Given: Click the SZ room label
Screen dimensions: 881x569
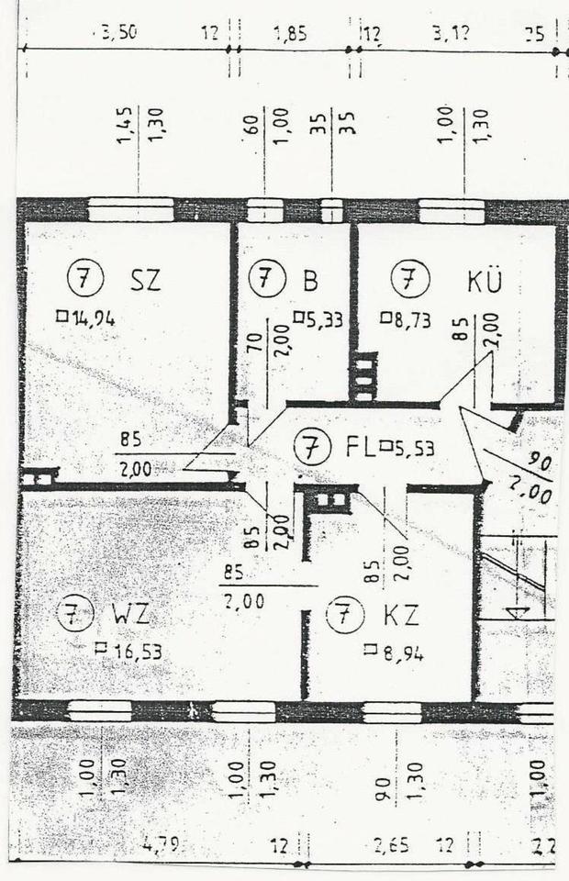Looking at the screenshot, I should pyautogui.click(x=145, y=278).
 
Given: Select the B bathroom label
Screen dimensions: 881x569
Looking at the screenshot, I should pyautogui.click(x=310, y=278).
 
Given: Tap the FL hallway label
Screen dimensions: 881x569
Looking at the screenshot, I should pyautogui.click(x=359, y=449).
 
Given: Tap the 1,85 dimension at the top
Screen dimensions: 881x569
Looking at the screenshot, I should pyautogui.click(x=290, y=34).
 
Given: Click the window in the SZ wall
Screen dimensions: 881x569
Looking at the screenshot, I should pyautogui.click(x=130, y=210).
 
